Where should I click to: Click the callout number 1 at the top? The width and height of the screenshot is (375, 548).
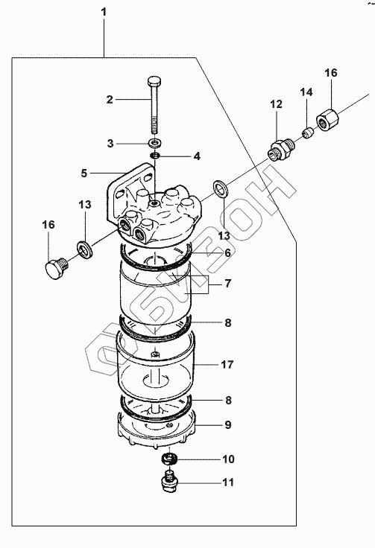tap(104, 12)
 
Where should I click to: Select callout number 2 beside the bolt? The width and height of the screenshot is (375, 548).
tap(110, 100)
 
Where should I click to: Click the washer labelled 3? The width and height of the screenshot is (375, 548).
tap(154, 143)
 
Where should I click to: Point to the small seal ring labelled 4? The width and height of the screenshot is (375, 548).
tap(155, 155)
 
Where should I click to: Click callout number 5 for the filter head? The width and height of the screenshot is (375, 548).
tap(84, 173)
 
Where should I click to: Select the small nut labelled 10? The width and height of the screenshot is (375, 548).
tap(169, 459)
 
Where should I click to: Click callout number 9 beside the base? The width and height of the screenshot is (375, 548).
tap(227, 425)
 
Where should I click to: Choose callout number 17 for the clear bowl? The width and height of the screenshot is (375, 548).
tap(227, 365)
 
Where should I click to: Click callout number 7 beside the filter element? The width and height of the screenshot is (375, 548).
tap(227, 283)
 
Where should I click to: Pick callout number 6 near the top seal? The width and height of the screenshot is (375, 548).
tap(227, 252)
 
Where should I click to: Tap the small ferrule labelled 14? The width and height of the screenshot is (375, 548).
tap(308, 133)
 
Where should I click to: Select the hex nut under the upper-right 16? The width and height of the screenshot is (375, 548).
tap(328, 120)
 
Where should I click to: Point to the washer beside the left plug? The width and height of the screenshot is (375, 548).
tap(85, 248)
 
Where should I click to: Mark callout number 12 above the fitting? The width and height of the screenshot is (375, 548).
tap(276, 104)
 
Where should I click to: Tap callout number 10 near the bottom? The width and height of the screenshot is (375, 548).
tap(228, 459)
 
